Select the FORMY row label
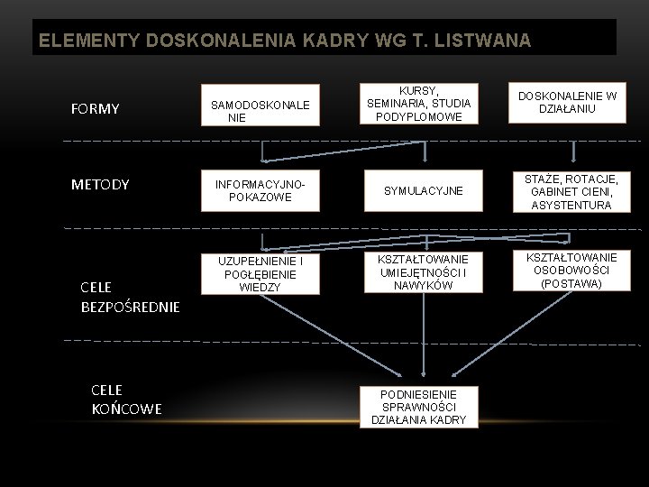pyautogui.click(x=95, y=109)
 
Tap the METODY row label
pyautogui.click(x=100, y=184)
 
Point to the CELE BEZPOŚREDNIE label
pyautogui.click(x=130, y=297)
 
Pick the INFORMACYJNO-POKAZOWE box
pyautogui.click(x=261, y=190)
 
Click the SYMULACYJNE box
pyautogui.click(x=424, y=191)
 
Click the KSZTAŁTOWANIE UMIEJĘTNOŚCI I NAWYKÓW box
pyautogui.click(x=424, y=271)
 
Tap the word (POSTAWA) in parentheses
pyautogui.click(x=571, y=283)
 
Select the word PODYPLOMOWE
pyautogui.click(x=419, y=117)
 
